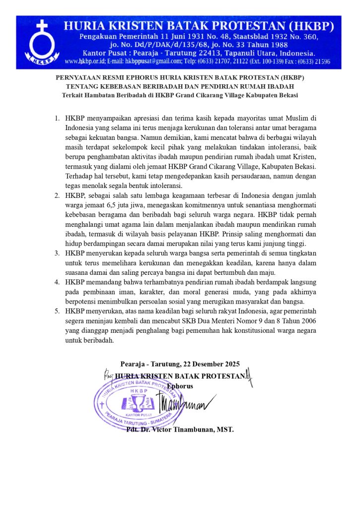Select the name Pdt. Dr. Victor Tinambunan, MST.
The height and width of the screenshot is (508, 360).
pyautogui.click(x=179, y=429)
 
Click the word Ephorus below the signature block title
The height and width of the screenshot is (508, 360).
pyautogui.click(x=180, y=385)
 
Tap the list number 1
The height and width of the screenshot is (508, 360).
pyautogui.click(x=57, y=118)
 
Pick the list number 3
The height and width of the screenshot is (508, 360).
pyautogui.click(x=57, y=253)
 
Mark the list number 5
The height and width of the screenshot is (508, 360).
pyautogui.click(x=57, y=311)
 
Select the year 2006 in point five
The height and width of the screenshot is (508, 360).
pyautogui.click(x=307, y=321)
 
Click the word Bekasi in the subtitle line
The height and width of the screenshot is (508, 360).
pyautogui.click(x=286, y=95)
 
